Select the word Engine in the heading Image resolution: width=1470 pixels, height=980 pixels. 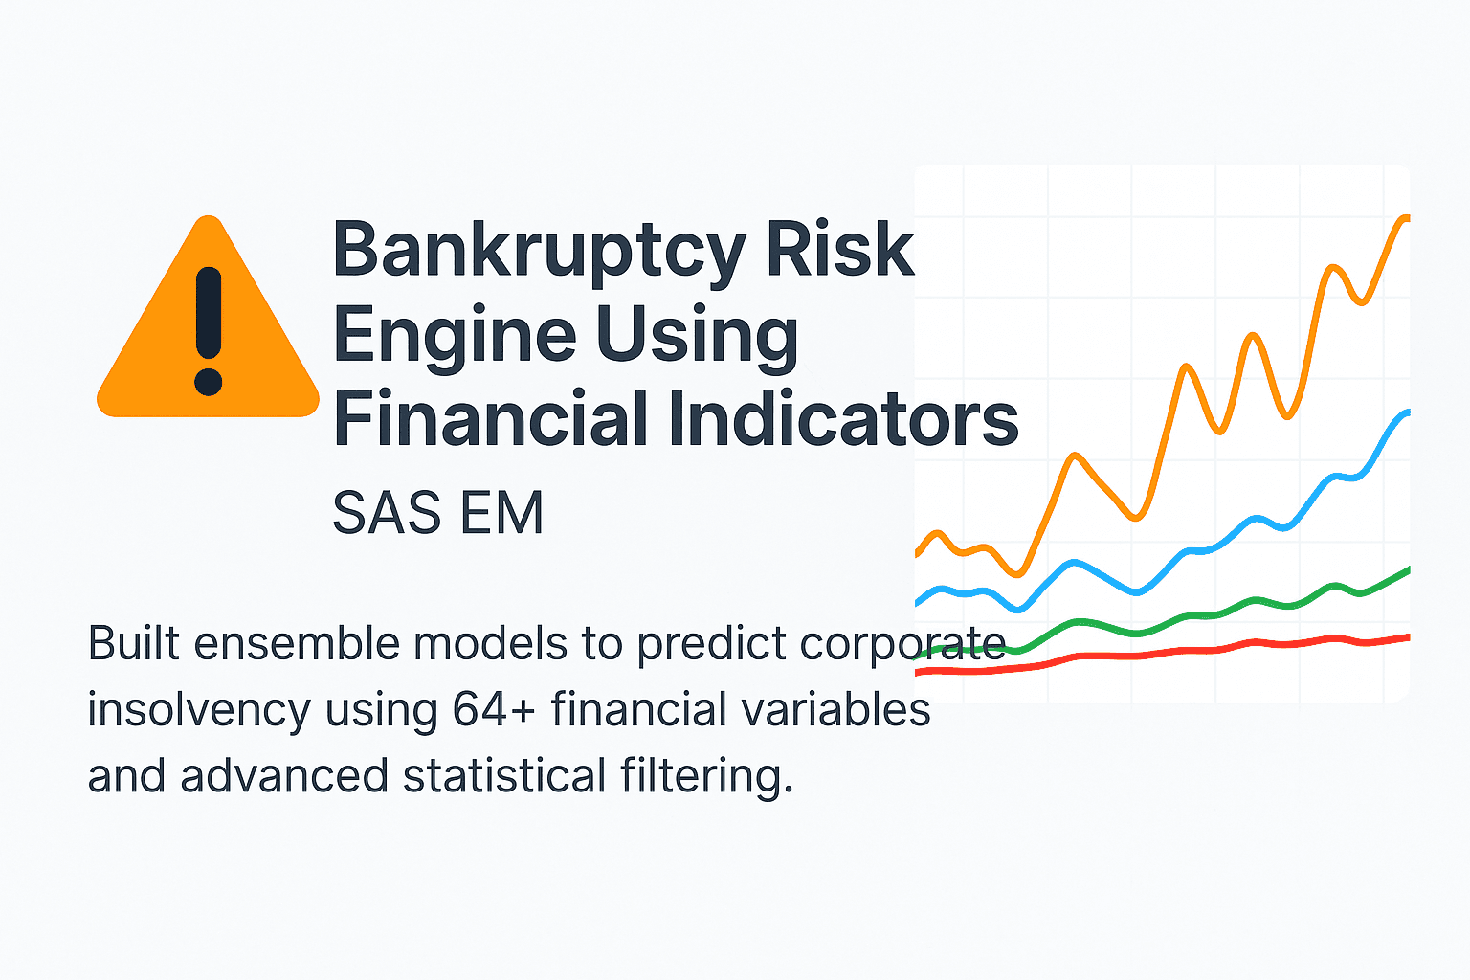[455, 335]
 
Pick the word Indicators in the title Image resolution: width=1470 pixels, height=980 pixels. [843, 419]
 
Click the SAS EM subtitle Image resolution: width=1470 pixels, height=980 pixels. [437, 513]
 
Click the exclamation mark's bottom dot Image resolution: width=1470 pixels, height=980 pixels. [208, 382]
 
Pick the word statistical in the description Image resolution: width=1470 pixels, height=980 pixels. [504, 776]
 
